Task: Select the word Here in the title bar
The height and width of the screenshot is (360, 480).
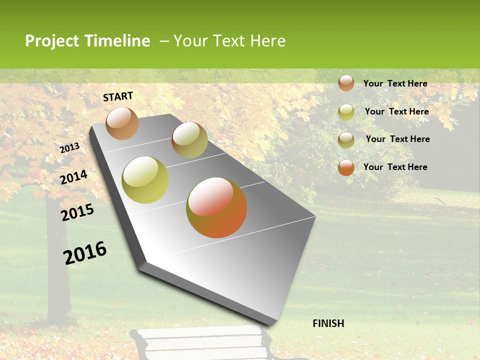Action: point(267,41)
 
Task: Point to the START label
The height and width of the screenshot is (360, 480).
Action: point(118,96)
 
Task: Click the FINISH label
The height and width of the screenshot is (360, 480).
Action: point(328,323)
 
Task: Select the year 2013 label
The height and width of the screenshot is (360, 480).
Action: point(70,148)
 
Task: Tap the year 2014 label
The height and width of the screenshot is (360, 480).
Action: point(74,177)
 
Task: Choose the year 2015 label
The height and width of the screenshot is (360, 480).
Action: point(77,212)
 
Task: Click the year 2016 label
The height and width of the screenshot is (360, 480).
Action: point(85,253)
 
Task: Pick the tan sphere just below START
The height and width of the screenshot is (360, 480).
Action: point(122,123)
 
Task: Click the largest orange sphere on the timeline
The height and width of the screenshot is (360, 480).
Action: point(216,207)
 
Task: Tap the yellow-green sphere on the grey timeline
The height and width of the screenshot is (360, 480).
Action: point(145,180)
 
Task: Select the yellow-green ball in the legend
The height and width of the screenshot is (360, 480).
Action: point(346,112)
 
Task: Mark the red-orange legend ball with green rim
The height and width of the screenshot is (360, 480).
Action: point(346,167)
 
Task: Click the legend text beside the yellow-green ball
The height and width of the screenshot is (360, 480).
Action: point(396,111)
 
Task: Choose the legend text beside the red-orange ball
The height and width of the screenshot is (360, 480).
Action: point(395,167)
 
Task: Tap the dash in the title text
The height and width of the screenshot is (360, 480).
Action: point(164,41)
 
